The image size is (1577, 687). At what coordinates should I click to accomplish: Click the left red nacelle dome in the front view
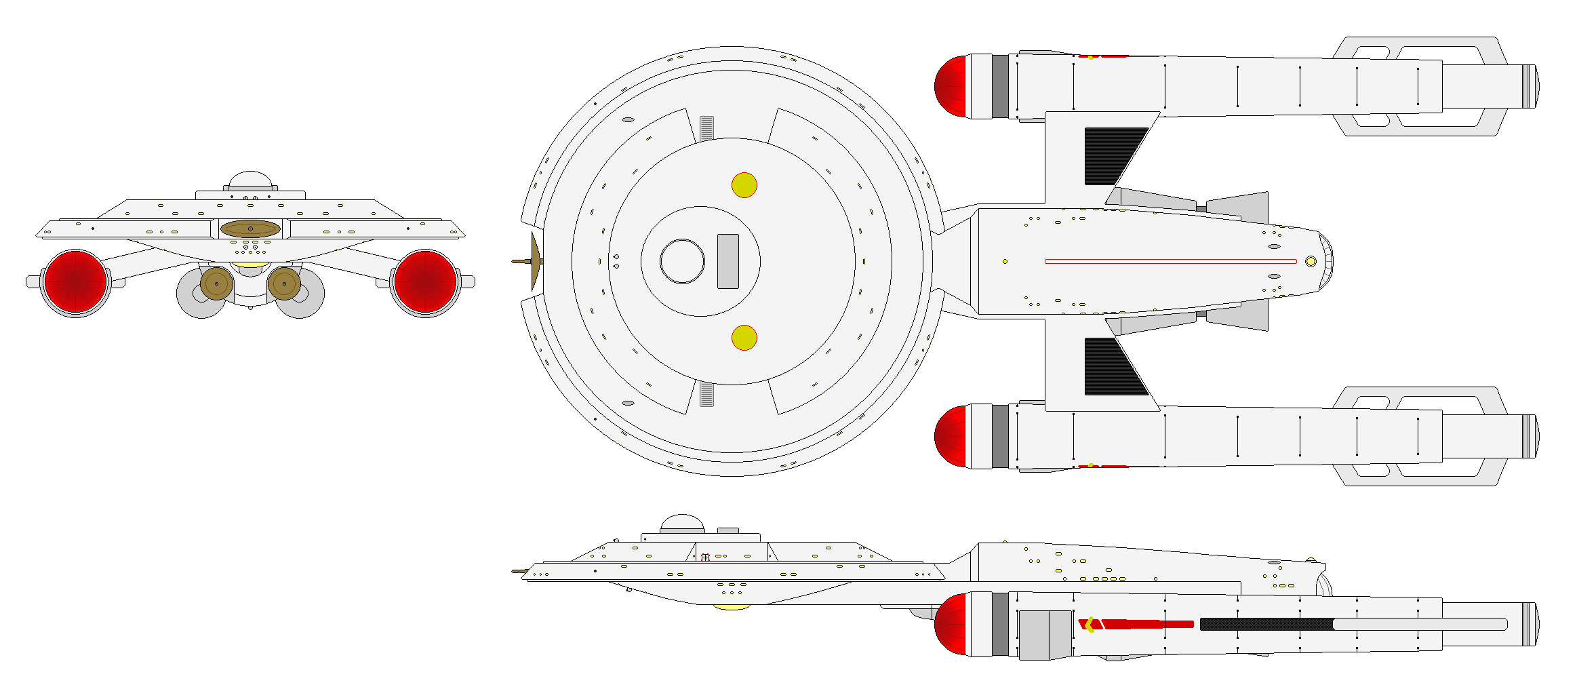(x=75, y=281)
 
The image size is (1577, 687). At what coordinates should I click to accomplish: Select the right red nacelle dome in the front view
(x=425, y=281)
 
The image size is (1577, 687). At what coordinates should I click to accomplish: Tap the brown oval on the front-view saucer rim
(x=250, y=229)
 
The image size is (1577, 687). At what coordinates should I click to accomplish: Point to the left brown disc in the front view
(x=216, y=283)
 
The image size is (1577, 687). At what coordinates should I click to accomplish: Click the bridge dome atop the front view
(x=250, y=180)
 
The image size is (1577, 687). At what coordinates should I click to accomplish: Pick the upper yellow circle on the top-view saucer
(x=744, y=185)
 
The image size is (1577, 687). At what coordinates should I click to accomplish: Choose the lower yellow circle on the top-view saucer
(x=744, y=338)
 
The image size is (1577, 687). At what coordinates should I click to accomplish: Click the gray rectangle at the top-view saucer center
(x=727, y=261)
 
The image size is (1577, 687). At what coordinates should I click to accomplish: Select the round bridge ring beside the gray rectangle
(x=682, y=261)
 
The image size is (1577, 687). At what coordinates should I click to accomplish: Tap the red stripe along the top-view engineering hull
(x=1170, y=261)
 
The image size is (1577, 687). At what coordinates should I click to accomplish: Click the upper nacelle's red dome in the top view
(x=951, y=86)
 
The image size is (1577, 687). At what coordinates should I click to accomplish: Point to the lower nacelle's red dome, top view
(x=951, y=437)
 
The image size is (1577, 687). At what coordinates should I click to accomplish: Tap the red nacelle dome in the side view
(x=951, y=625)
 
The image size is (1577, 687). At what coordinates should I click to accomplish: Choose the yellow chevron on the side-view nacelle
(x=1089, y=624)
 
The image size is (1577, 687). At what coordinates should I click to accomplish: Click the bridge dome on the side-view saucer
(x=682, y=523)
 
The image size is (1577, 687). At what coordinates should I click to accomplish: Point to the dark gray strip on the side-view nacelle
(x=1265, y=624)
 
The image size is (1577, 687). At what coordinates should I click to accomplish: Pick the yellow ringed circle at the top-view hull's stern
(x=1311, y=261)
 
